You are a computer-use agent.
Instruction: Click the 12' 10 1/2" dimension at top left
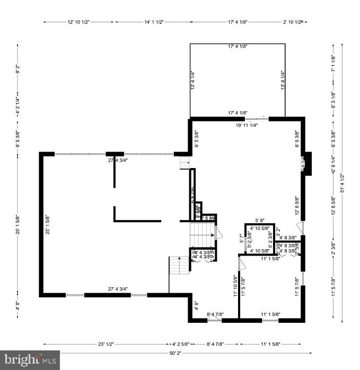(78, 22)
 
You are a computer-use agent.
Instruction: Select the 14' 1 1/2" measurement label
(153, 22)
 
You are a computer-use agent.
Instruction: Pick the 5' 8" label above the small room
(260, 221)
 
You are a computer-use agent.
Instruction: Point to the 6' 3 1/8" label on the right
(333, 100)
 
